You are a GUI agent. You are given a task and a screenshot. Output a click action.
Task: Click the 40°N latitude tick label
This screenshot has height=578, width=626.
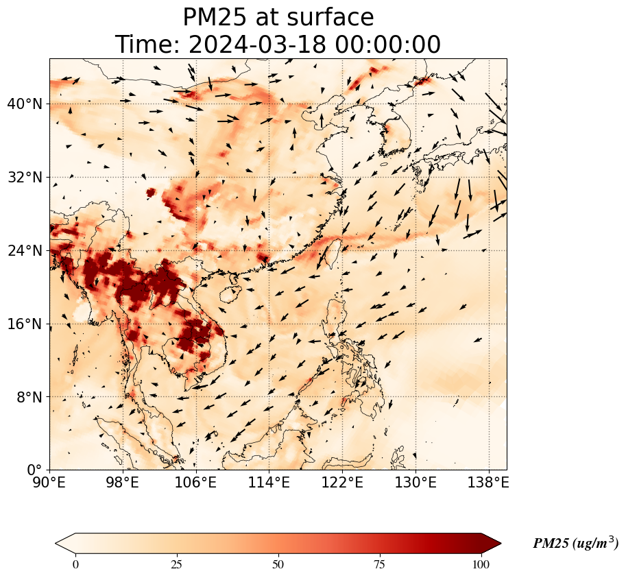pos(25,104)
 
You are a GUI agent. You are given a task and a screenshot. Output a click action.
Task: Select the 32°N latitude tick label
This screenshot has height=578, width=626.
pos(25,178)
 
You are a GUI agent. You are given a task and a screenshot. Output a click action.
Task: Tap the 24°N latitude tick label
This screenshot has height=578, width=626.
pos(25,251)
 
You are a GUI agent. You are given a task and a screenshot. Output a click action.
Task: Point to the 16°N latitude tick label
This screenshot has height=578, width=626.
pos(25,324)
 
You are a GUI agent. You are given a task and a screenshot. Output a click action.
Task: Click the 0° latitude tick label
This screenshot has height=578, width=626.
pos(34,470)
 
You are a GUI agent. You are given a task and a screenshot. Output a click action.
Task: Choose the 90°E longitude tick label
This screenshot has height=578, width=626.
pos(49,483)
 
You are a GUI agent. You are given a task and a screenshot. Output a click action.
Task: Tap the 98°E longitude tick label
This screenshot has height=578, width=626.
pos(123,483)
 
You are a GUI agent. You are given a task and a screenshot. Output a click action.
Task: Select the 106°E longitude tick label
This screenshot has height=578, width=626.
pos(196,483)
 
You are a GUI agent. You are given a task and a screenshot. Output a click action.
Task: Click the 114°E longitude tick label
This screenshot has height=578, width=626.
pos(269,483)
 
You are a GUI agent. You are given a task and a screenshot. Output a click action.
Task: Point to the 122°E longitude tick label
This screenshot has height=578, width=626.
pos(343,483)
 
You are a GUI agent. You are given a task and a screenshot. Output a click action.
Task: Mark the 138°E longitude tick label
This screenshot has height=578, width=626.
pos(489,483)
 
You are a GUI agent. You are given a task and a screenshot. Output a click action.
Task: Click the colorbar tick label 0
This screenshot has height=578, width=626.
pos(75,564)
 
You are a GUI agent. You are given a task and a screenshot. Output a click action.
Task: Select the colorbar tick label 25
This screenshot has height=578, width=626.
pos(176,564)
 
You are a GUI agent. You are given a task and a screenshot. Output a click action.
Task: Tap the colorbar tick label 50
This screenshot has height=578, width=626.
pos(278,564)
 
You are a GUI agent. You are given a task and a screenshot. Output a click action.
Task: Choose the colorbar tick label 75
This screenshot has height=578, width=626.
pos(379,564)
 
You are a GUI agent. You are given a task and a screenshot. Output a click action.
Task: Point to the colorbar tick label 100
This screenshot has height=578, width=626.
pos(481,564)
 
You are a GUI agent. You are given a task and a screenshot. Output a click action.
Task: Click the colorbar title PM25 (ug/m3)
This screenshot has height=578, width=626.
pos(575,543)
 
